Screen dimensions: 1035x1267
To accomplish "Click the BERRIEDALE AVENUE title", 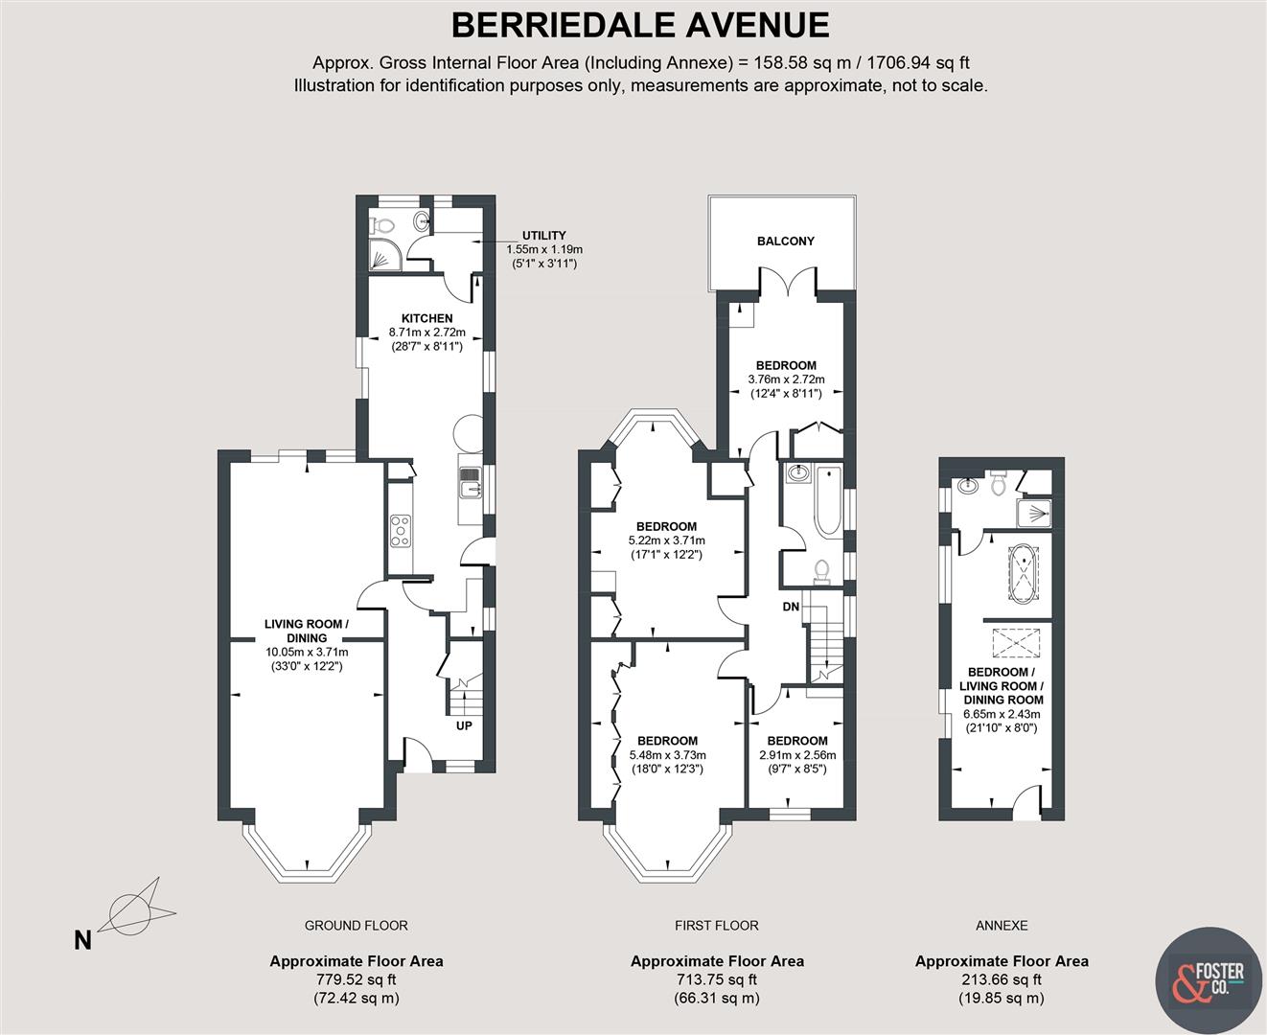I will [x=640, y=25].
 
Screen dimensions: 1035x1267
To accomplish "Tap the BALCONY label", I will [x=786, y=241].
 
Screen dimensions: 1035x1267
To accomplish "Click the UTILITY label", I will [x=543, y=236].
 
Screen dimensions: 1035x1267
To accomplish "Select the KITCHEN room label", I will [x=426, y=318].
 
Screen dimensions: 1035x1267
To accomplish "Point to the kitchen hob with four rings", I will [x=401, y=531].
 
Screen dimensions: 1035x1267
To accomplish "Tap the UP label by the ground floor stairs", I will [x=464, y=725].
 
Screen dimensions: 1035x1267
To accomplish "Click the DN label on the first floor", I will [x=792, y=607].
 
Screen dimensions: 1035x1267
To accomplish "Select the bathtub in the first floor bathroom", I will [x=826, y=501].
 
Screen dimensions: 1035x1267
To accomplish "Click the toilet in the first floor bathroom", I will [x=820, y=572].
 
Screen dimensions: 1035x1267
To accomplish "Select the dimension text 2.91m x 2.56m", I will [x=797, y=755].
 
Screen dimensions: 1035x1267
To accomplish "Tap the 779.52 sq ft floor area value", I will [x=356, y=979].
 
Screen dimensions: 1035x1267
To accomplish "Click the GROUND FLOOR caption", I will [x=356, y=926].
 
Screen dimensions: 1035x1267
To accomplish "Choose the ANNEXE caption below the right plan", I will [x=1002, y=926].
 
